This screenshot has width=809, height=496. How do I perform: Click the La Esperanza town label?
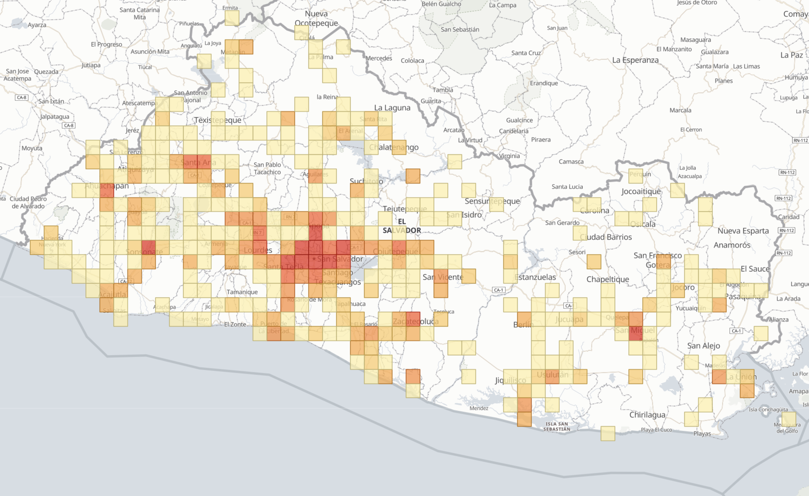[x=635, y=60]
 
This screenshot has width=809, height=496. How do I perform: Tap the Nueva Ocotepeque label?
[x=316, y=18]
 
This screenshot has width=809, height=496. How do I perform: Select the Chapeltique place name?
[x=608, y=279]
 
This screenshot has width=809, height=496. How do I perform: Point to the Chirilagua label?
[x=647, y=415]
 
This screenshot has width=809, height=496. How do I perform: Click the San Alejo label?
[x=704, y=345]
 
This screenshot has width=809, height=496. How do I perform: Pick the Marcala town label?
[x=680, y=111]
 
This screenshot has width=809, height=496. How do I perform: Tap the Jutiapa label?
[x=91, y=65]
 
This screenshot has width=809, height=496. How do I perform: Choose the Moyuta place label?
[x=32, y=148]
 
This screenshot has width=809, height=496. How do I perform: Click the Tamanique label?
[x=242, y=292]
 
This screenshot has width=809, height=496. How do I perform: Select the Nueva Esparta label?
[x=743, y=231]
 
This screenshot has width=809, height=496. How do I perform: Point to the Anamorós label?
[x=732, y=245]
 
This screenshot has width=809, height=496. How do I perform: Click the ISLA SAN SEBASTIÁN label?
[x=556, y=426]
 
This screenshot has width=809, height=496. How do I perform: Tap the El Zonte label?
[x=235, y=325]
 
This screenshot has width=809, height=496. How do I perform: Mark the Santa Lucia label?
[x=567, y=187]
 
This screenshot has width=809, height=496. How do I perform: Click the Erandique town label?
[x=544, y=83]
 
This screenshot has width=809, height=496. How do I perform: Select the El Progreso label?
[x=106, y=44]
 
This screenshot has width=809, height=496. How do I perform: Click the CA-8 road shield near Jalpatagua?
[x=69, y=126]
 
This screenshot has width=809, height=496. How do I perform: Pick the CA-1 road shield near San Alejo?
[x=736, y=331]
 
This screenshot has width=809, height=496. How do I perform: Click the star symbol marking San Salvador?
[x=314, y=259]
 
